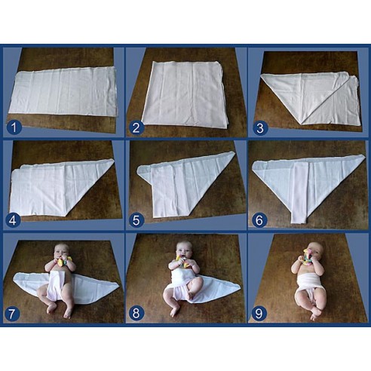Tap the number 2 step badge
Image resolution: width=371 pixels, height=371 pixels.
tap(136, 125)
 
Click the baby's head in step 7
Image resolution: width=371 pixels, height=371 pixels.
tap(62, 252)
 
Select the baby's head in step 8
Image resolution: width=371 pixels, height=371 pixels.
tap(183, 251)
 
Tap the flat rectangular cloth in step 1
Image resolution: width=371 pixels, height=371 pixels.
tap(64, 91)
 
